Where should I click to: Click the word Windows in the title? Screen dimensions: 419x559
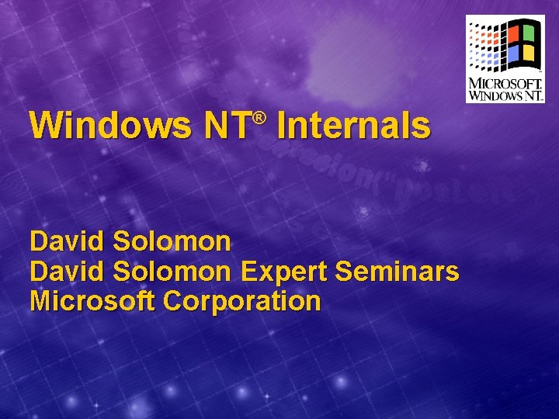point(109,126)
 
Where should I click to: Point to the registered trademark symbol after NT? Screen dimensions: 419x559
point(260,117)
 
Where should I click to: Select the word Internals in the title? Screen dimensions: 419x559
point(352,126)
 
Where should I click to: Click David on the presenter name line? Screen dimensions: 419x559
point(67,242)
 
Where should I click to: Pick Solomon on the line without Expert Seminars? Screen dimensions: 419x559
point(172,242)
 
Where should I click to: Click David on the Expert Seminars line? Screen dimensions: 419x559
point(67,272)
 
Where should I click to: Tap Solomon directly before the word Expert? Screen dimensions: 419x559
point(172,272)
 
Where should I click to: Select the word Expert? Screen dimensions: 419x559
point(284,272)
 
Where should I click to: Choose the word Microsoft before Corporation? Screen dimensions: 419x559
point(92,301)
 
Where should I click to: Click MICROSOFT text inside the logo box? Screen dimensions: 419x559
point(505,83)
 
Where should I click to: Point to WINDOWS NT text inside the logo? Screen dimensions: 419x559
point(505,95)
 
